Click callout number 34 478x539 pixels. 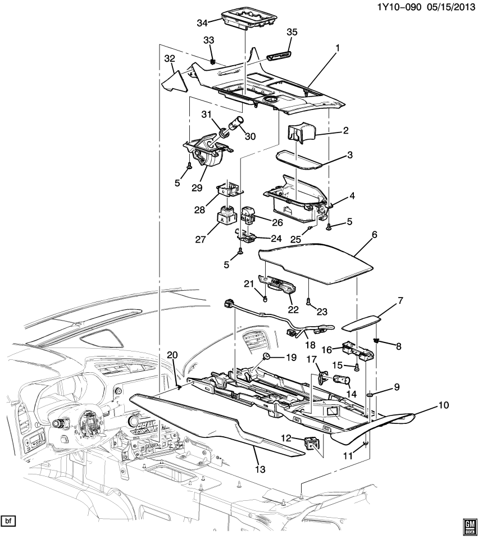[202, 23]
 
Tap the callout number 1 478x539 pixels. [338, 48]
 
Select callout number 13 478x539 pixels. [260, 469]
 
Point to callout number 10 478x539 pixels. [444, 405]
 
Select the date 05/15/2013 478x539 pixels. [449, 7]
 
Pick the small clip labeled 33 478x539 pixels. [213, 62]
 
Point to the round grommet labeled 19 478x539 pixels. [266, 356]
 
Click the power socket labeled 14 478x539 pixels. [342, 381]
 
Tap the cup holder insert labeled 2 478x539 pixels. [301, 134]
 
